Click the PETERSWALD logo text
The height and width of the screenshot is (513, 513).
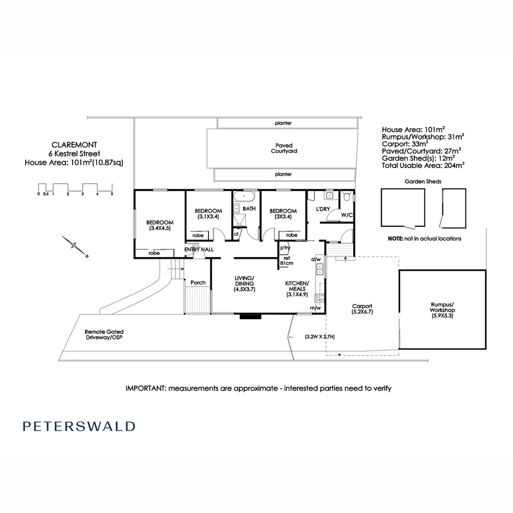(x=79, y=426)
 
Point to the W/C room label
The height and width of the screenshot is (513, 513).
(x=347, y=215)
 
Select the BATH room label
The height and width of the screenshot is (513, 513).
(x=249, y=209)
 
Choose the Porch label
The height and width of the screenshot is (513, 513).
(x=198, y=283)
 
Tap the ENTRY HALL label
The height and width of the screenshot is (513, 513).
(x=199, y=249)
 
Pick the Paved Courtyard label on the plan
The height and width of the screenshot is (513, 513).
(x=284, y=148)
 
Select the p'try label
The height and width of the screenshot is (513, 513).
(x=285, y=248)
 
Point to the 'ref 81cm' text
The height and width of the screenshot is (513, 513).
(x=287, y=260)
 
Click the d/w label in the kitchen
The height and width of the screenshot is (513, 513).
(x=315, y=259)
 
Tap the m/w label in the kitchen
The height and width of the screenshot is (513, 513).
(x=315, y=308)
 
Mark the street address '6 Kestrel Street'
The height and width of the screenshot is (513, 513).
(x=75, y=153)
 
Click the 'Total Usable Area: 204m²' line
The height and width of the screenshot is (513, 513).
(x=423, y=166)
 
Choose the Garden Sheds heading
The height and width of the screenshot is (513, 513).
(x=423, y=181)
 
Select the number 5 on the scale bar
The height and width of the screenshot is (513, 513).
(x=112, y=194)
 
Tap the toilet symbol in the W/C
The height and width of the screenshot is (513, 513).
(x=347, y=197)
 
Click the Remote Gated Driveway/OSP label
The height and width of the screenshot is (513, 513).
(x=104, y=335)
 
